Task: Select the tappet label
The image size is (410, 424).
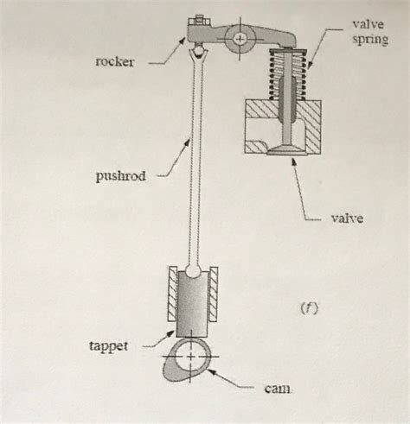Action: (110, 345)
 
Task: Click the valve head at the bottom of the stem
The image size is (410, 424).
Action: (285, 151)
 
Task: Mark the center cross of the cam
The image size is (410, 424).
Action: (192, 356)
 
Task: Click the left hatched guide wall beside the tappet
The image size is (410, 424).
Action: (171, 296)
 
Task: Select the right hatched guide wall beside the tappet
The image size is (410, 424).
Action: (215, 296)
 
